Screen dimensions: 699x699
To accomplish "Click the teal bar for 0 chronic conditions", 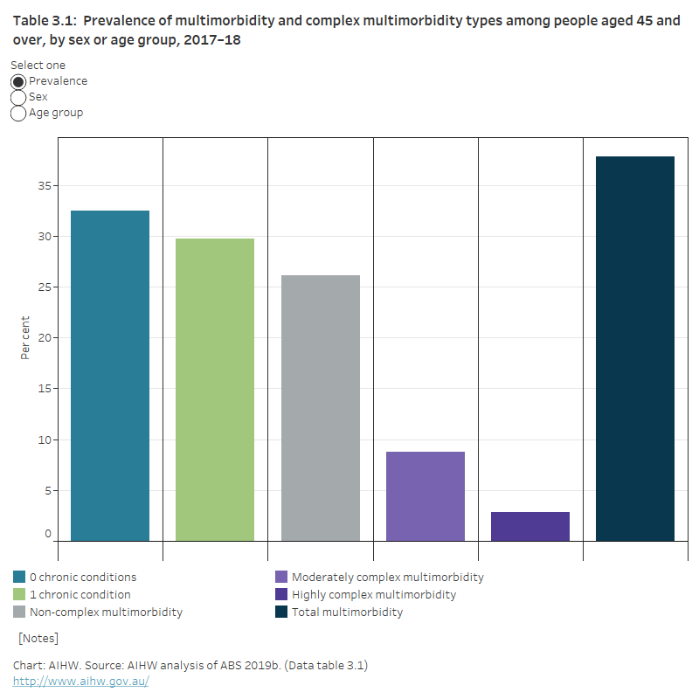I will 110,376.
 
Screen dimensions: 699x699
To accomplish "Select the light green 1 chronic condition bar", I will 215,390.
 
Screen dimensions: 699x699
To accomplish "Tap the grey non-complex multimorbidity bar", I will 321,408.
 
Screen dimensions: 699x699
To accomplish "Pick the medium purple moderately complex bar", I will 426,496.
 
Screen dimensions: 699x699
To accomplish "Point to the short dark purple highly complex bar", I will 530,526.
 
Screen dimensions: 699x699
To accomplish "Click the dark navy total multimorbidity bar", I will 635,349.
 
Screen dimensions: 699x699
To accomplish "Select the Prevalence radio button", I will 18,81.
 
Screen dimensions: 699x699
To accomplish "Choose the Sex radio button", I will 18,97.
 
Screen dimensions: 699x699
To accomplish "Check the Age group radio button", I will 18,113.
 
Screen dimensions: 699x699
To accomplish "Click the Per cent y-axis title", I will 24,338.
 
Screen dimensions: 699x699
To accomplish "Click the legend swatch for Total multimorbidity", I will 281,612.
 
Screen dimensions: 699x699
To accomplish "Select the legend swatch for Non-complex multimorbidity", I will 19,612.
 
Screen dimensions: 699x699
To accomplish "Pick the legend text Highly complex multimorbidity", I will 374,595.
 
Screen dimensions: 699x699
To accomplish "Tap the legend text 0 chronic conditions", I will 83,578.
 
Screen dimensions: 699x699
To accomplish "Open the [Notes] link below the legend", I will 38,639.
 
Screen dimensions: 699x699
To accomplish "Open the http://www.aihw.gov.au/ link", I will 81,681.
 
